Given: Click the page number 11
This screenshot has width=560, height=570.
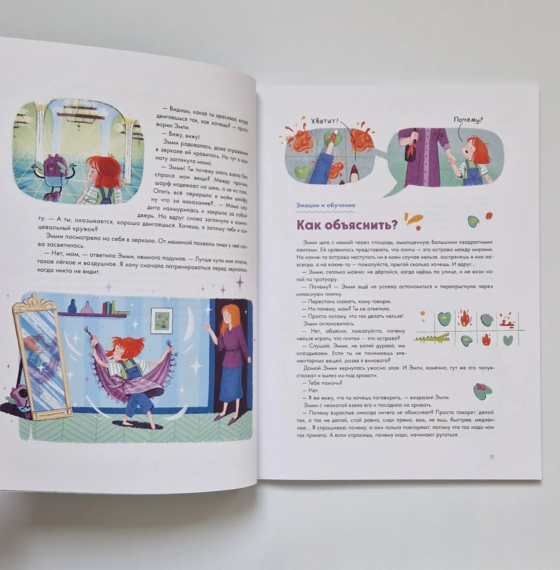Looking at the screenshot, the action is pos(491,457).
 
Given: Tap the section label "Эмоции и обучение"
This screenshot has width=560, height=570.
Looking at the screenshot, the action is pos(326,205).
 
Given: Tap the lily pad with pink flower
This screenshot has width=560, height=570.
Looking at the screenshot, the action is pos(482,391).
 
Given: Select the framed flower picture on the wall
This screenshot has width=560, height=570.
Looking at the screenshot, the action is pos(162,320).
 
